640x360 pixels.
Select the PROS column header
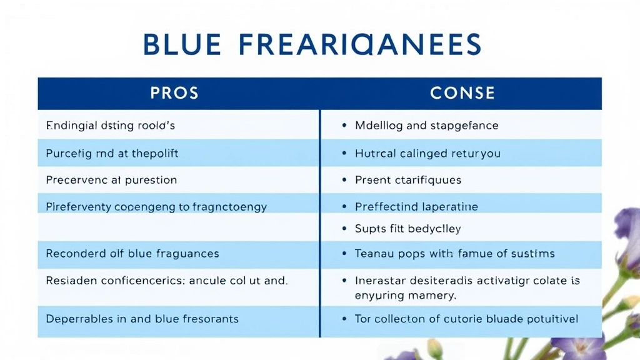coord(174,94)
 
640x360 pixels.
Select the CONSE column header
coord(462,94)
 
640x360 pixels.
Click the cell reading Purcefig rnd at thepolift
coord(116,153)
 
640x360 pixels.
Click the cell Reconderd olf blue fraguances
coord(132,254)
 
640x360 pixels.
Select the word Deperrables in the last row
coord(79,319)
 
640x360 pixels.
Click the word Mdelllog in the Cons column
coord(379,126)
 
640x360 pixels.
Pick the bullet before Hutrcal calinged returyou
coord(344,153)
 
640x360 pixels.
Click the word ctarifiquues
coord(428,180)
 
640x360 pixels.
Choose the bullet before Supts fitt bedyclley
coord(344,229)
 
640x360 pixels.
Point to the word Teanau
coord(374,254)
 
